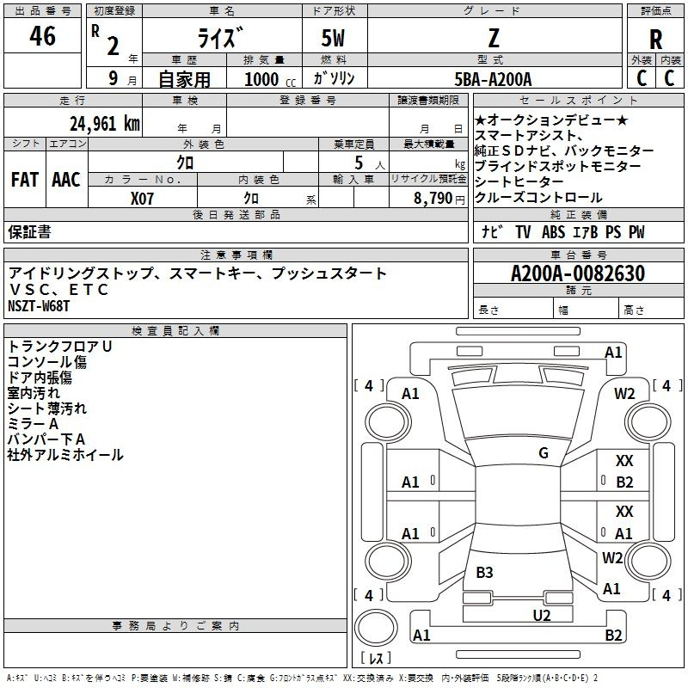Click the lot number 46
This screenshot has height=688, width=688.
coord(42,35)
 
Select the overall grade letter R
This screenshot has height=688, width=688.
coord(655,40)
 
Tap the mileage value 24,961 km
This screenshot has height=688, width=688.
coord(104,124)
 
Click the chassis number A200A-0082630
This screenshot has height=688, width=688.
coord(578,273)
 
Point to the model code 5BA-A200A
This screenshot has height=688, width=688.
coord(493,79)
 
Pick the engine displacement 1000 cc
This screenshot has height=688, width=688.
coord(270,79)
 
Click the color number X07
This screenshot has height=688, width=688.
coord(142,199)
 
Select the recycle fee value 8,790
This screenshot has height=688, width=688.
coord(433,199)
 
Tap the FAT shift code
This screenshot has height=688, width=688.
coord(25,180)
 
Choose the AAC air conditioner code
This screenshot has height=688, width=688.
coord(66,180)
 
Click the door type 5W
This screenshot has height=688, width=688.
coord(333,38)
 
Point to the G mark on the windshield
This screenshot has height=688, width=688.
coord(544,453)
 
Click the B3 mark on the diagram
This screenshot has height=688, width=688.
coord(484,572)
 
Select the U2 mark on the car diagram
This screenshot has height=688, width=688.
coord(542,615)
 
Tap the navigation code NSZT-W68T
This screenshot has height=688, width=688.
coord(39,306)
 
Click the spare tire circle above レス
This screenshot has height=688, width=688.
coord(376,627)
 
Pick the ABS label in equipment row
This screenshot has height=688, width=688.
coord(553,232)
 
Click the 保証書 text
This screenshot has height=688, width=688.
coord(29,231)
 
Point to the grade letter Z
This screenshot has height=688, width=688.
coord(494,38)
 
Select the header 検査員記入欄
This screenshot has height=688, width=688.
coord(175,331)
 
